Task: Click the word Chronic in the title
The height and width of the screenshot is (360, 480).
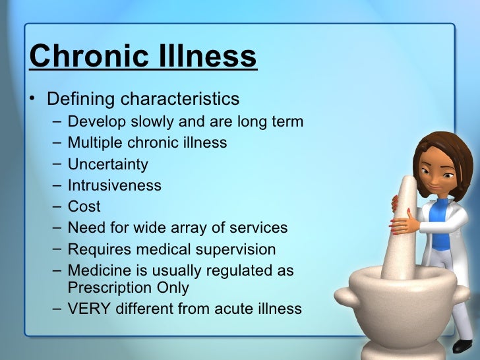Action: coord(82,57)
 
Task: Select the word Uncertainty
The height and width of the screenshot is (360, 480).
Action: coord(107,164)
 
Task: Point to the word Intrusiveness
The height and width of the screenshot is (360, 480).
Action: coord(114,185)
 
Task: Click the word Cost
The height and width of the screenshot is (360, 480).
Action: coord(84,206)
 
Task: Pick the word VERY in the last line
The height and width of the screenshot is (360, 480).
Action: coord(89,308)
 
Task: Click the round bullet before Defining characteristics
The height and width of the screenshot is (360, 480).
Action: coord(32,100)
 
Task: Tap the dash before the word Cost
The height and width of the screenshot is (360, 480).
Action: coord(53,206)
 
